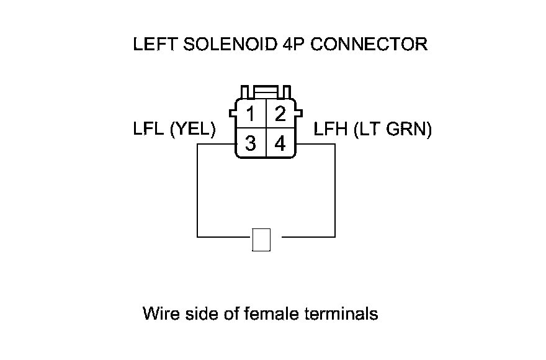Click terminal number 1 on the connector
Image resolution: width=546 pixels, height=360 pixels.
(x=251, y=114)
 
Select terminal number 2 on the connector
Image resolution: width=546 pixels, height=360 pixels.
(x=280, y=114)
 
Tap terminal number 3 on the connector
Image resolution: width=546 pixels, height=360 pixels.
(x=251, y=144)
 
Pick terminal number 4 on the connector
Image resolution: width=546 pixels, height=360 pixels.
(x=280, y=144)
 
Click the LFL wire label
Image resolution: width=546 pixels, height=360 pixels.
(x=148, y=130)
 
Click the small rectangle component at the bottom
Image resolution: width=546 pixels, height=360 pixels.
(x=262, y=240)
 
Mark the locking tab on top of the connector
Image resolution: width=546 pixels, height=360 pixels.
(x=266, y=91)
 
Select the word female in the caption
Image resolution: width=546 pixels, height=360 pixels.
(x=269, y=313)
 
